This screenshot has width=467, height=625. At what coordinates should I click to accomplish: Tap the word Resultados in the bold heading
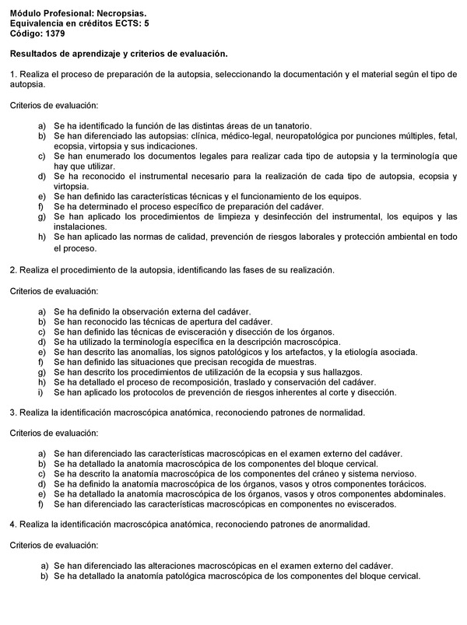(37, 54)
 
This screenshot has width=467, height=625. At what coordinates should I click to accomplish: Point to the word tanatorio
(290, 125)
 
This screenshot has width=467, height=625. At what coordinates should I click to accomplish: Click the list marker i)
(42, 392)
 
